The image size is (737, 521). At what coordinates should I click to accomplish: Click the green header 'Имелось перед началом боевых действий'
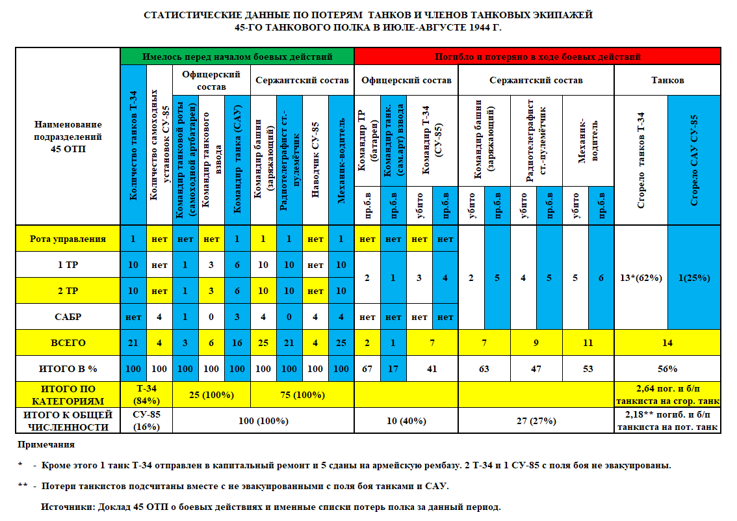(x=237, y=57)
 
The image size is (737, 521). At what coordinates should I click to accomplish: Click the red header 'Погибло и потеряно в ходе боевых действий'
(x=537, y=57)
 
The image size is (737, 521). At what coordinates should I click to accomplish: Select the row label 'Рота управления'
(x=68, y=239)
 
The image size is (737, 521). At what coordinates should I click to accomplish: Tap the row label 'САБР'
(x=68, y=317)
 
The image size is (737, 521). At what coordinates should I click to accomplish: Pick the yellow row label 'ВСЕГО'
(x=68, y=343)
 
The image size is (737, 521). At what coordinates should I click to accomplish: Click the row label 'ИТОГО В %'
(x=68, y=369)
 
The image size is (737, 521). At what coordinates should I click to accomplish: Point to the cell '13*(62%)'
(x=641, y=278)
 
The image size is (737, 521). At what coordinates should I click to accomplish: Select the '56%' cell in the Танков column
(x=667, y=369)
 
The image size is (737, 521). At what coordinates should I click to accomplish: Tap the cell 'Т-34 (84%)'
(x=146, y=394)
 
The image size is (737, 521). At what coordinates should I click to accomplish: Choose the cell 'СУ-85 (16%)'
(x=146, y=420)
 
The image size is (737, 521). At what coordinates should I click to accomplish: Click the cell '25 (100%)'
(x=211, y=394)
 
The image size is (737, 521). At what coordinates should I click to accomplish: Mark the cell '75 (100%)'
(x=302, y=394)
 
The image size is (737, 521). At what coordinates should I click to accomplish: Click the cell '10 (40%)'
(x=406, y=420)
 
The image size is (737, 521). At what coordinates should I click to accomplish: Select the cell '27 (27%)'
(x=536, y=420)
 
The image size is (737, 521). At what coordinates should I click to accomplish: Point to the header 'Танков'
(x=667, y=81)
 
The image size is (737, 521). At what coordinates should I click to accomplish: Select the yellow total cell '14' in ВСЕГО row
(x=667, y=343)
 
